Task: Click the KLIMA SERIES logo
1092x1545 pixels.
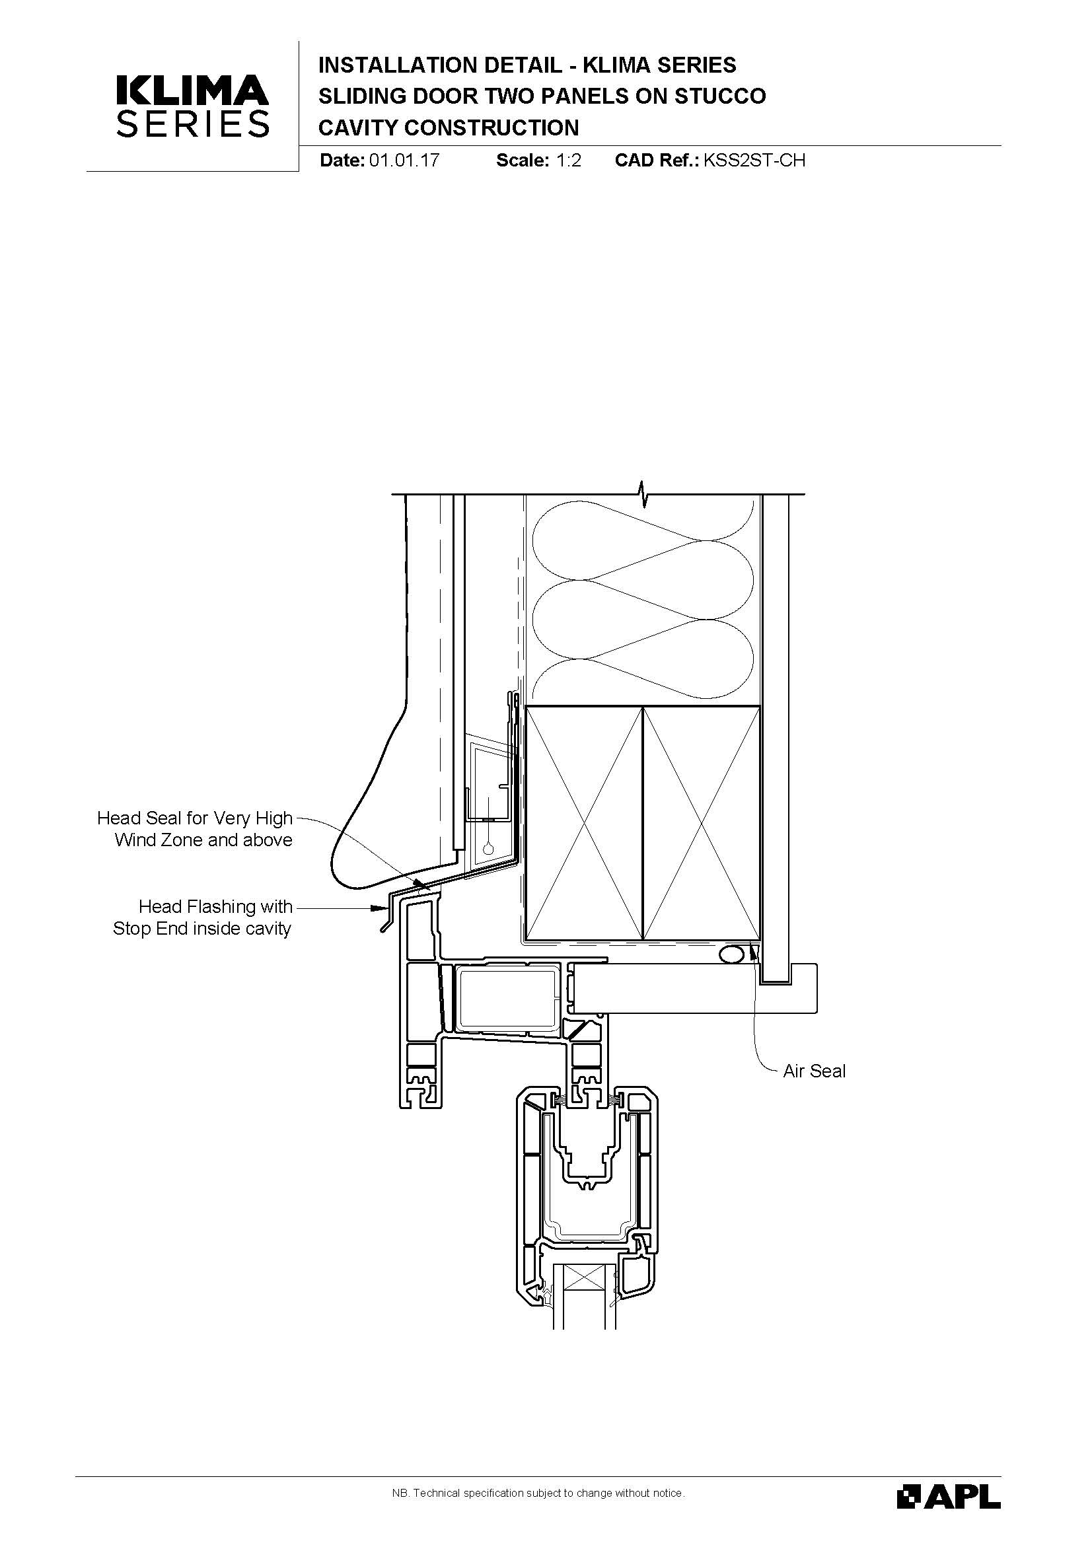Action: [x=193, y=106]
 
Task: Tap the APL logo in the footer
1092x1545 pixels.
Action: [x=949, y=1496]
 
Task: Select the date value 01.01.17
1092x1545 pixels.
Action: [x=404, y=160]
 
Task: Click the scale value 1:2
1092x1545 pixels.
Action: [x=569, y=160]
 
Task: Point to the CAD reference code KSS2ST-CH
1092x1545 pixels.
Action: [x=754, y=160]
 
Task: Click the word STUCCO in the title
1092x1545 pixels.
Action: [x=720, y=96]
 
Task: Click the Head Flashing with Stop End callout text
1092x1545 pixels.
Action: [x=203, y=917]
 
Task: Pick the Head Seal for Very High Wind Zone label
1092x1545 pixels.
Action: [x=195, y=828]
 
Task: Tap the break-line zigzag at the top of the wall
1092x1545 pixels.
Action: [x=644, y=495]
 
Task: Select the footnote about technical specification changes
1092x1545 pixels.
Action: [x=538, y=1493]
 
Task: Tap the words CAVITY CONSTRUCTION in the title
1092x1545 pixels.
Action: [x=448, y=128]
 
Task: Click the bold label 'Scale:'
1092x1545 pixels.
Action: [x=523, y=160]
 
